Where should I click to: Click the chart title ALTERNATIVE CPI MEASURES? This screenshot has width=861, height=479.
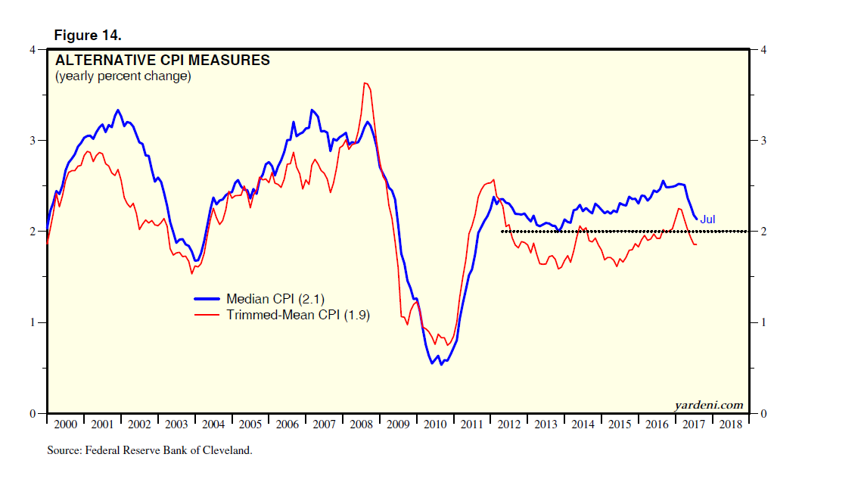[x=162, y=61]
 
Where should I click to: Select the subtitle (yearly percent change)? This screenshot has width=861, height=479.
[x=123, y=76]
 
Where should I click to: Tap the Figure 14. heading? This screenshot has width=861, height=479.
[x=88, y=36]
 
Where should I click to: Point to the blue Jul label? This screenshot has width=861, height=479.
[x=707, y=219]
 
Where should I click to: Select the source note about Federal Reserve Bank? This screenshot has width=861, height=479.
[x=149, y=450]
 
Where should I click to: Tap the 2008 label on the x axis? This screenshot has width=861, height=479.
[x=362, y=425]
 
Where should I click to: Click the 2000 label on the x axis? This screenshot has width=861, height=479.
[x=66, y=425]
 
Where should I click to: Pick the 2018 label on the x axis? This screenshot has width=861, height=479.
[x=730, y=425]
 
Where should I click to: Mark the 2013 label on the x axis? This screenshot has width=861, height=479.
[x=546, y=425]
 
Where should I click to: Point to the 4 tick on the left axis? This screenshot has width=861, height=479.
[x=33, y=50]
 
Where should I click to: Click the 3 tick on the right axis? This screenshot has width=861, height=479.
[x=763, y=141]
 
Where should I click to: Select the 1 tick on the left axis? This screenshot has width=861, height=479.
[x=33, y=323]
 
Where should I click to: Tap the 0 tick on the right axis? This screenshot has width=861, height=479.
[x=763, y=414]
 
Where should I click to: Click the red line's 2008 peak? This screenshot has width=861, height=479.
[x=366, y=83]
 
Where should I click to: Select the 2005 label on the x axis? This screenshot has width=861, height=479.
[x=250, y=425]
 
